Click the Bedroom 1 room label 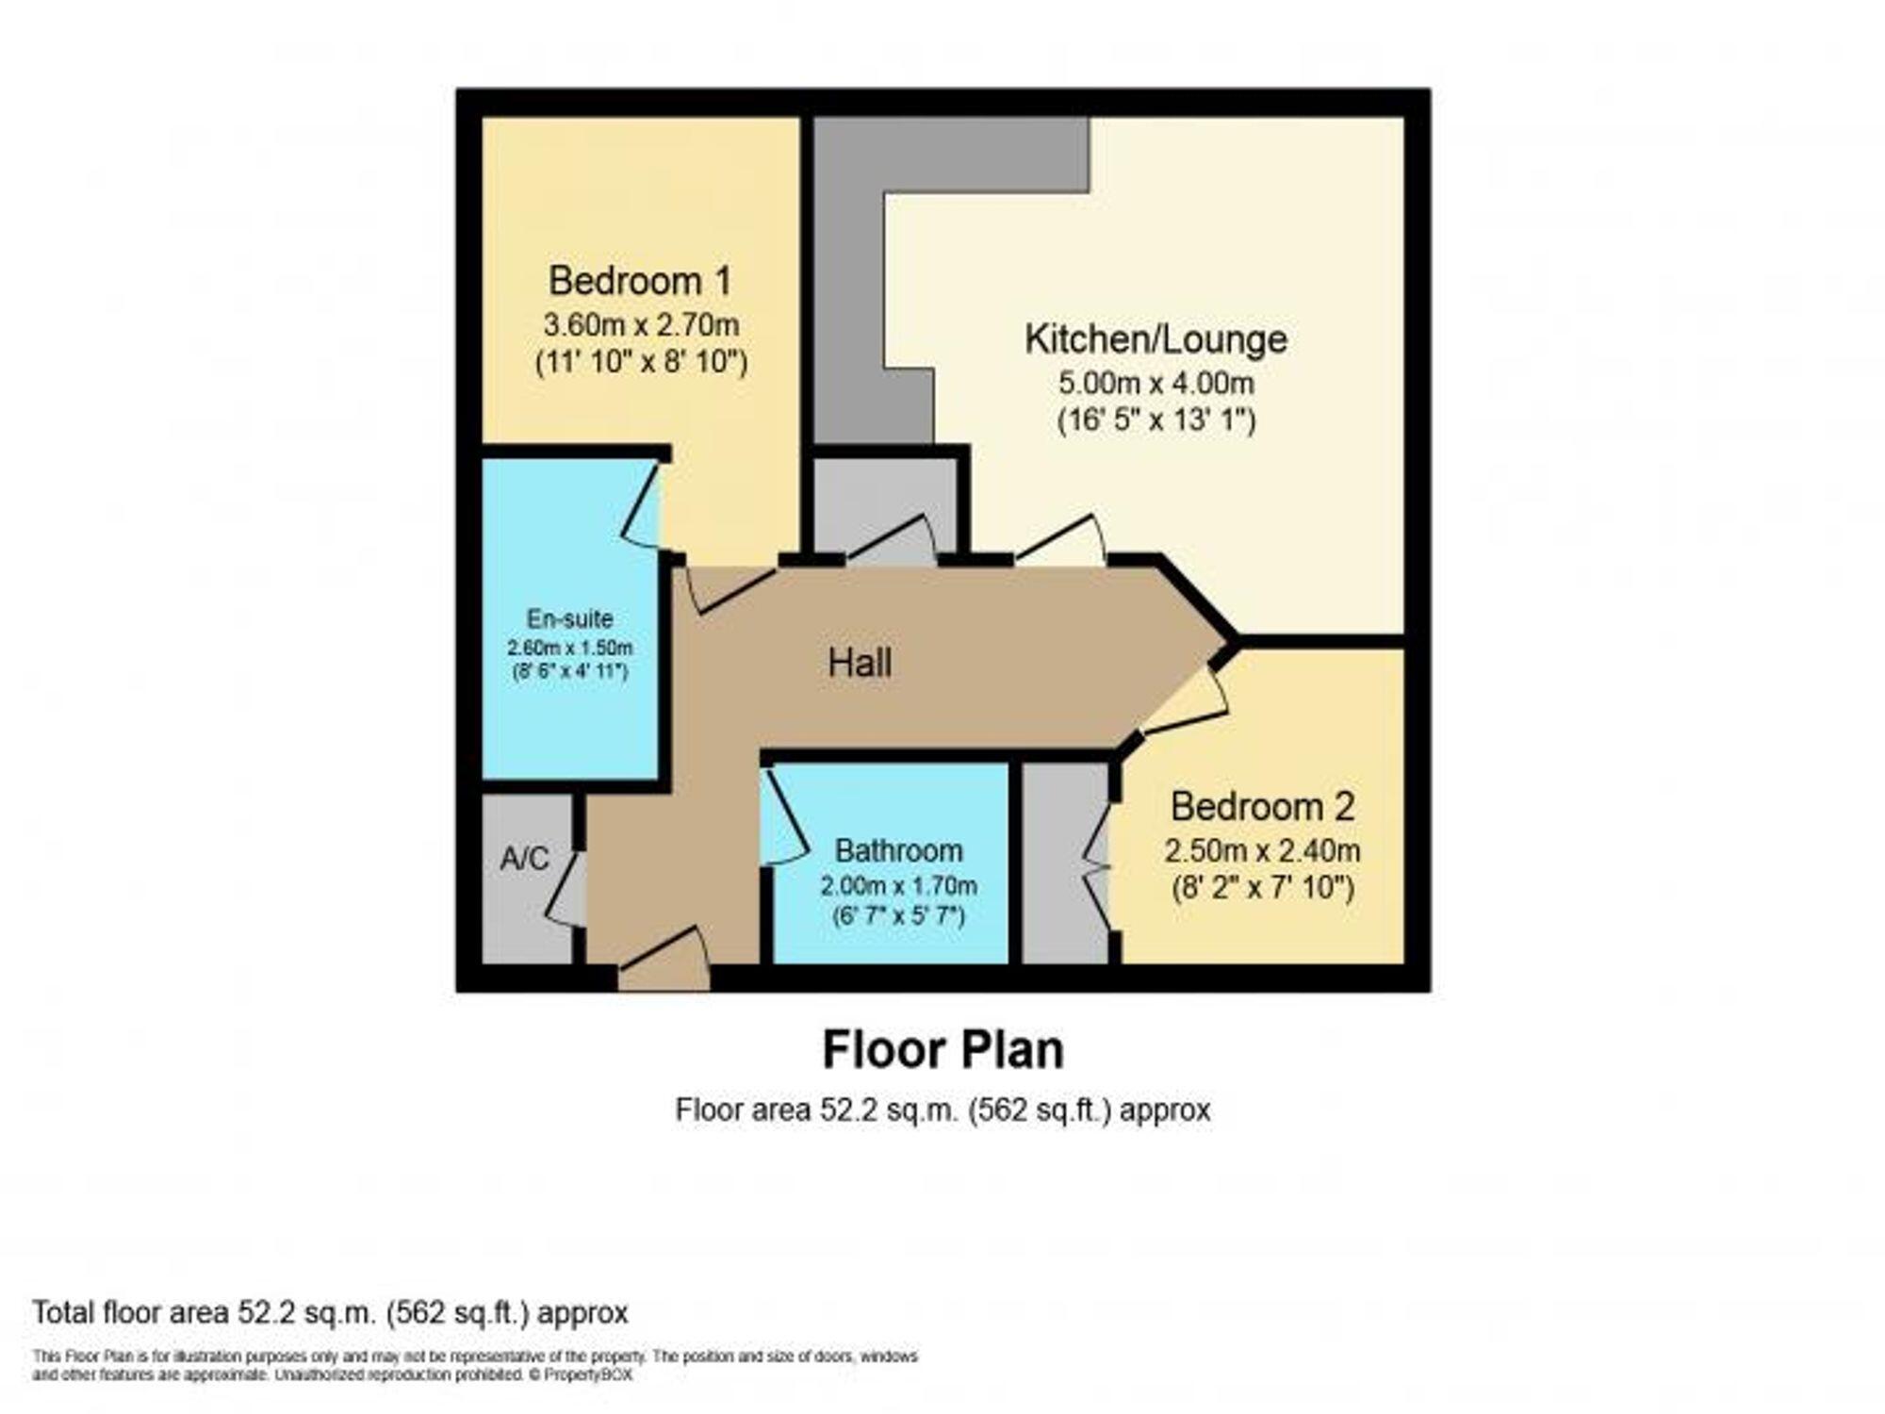(640, 281)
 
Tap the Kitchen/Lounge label (1156, 339)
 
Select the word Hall (860, 663)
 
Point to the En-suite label (569, 618)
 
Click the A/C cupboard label (524, 859)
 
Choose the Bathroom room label (898, 850)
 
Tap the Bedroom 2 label (1262, 807)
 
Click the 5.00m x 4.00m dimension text (1156, 384)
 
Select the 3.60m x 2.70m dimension (641, 325)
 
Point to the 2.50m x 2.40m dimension (1262, 851)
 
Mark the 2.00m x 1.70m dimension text (898, 886)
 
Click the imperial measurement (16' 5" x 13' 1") (1156, 419)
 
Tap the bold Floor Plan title (942, 1050)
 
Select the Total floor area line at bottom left (330, 1312)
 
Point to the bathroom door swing (784, 816)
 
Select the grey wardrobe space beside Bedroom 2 (1065, 863)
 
